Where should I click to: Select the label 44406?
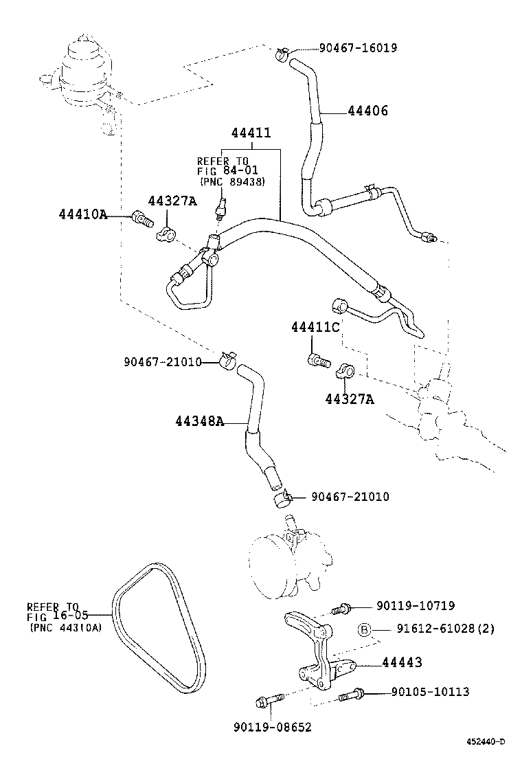click(x=367, y=110)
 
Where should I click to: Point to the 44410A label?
click(x=82, y=214)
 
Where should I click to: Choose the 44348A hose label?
click(x=198, y=421)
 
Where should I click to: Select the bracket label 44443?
click(x=401, y=662)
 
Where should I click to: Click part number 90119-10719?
click(x=415, y=606)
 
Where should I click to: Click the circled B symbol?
click(x=365, y=629)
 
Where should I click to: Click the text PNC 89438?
click(x=232, y=181)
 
